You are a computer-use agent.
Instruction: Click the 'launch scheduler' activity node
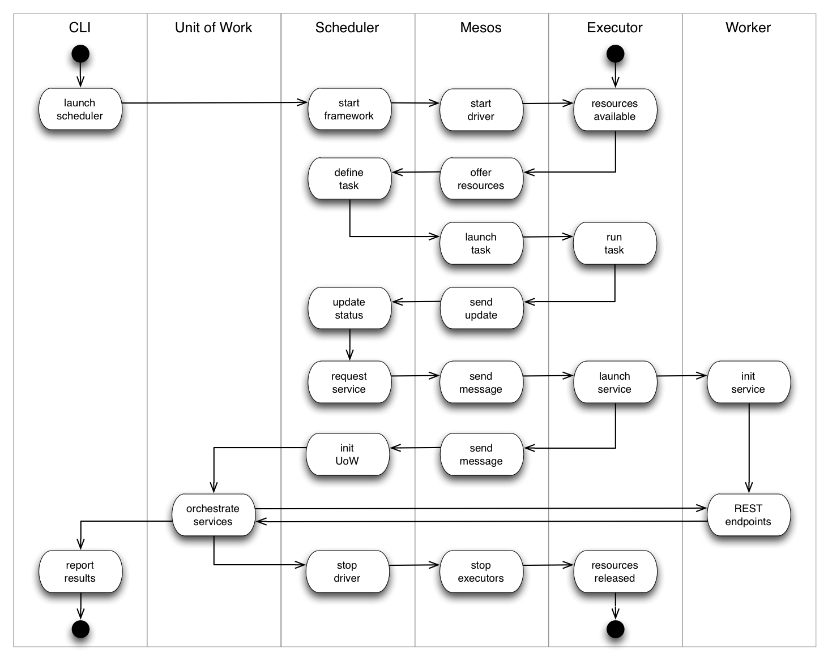pos(80,109)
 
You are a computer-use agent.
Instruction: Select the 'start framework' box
pos(349,109)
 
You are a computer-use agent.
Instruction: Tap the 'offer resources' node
pos(481,179)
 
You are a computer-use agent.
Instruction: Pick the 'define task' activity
pos(349,179)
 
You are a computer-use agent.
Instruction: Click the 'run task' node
pos(614,243)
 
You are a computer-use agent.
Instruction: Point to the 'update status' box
pos(349,308)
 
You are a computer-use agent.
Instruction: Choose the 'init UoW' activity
pos(347,454)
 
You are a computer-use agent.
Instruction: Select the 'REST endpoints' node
pos(748,515)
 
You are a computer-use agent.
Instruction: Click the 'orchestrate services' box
pos(213,515)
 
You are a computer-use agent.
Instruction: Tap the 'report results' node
pos(80,572)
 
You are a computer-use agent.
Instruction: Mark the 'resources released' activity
pos(614,572)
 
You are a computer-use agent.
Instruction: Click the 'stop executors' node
pos(481,572)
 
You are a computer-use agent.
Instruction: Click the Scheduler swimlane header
pos(347,28)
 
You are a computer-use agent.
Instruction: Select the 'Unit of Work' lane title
pos(214,28)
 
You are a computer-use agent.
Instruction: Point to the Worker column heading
pos(748,28)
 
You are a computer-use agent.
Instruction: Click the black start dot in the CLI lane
pos(80,54)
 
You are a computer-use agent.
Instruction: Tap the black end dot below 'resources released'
pos(615,629)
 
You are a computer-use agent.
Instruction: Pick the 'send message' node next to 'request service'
pos(481,383)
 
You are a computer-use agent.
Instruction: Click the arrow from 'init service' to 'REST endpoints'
pos(749,447)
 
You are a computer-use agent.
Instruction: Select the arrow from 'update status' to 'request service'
pos(349,344)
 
